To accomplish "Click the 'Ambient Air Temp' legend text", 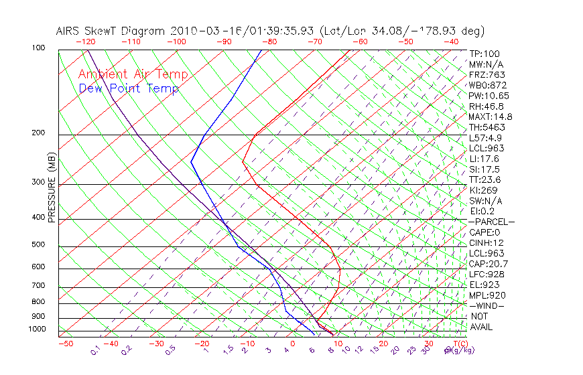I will [133, 74].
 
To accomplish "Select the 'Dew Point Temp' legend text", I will [129, 88].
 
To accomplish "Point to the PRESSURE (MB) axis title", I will [52, 187].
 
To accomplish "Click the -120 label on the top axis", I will [85, 42].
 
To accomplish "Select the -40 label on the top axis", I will [451, 42].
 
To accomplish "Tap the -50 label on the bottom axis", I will [65, 344].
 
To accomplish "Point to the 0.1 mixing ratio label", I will [95, 350].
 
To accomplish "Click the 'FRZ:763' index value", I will [487, 75].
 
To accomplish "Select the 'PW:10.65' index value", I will [489, 96].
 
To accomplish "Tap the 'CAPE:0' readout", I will [486, 232].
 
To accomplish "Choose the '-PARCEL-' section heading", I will [491, 222].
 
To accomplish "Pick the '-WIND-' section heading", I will [487, 305].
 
